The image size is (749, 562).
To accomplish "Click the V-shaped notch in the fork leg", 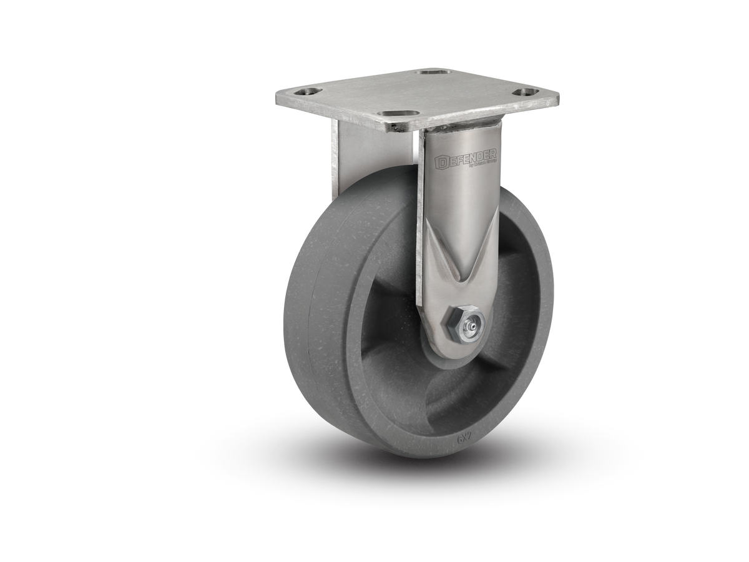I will [x=462, y=275].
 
